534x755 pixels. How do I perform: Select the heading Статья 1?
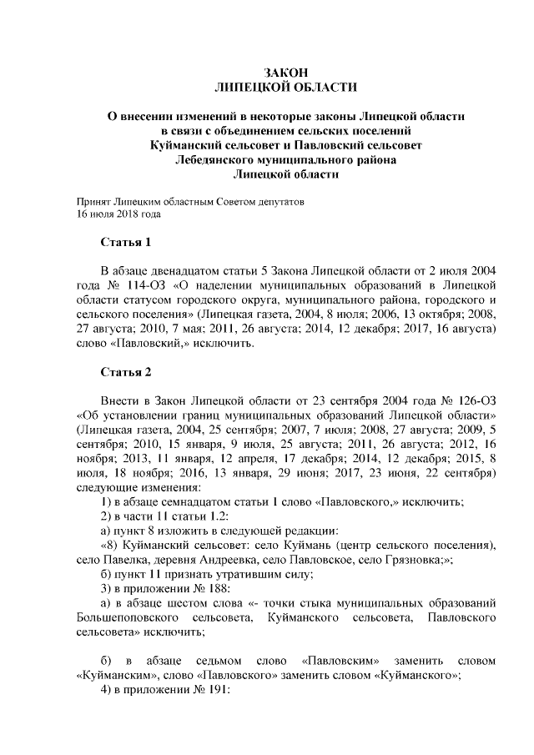[126, 244]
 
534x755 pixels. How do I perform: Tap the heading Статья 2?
[126, 373]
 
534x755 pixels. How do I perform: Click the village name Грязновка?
[415, 561]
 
